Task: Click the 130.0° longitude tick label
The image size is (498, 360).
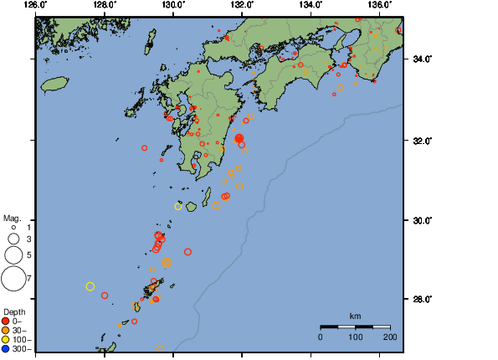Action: [x=172, y=5]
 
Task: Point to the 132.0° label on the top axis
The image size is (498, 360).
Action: [x=242, y=5]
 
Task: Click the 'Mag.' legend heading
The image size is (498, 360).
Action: [x=11, y=219]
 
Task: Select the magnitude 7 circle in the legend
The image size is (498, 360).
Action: [x=13, y=276]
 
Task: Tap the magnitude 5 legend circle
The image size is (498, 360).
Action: [x=13, y=254]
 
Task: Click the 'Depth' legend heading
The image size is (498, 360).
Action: [x=14, y=312]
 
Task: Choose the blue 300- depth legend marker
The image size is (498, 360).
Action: [x=6, y=348]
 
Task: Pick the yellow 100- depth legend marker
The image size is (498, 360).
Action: [x=6, y=339]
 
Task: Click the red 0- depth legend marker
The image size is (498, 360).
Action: [x=6, y=321]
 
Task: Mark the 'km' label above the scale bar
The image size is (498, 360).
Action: [x=355, y=316]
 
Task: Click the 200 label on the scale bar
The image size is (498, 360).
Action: [x=389, y=337]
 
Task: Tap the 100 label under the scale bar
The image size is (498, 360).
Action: [x=355, y=337]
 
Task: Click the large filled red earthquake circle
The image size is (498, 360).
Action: [x=239, y=138]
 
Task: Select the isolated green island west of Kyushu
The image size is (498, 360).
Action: [x=55, y=85]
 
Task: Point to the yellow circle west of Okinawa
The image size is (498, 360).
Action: [x=90, y=286]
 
